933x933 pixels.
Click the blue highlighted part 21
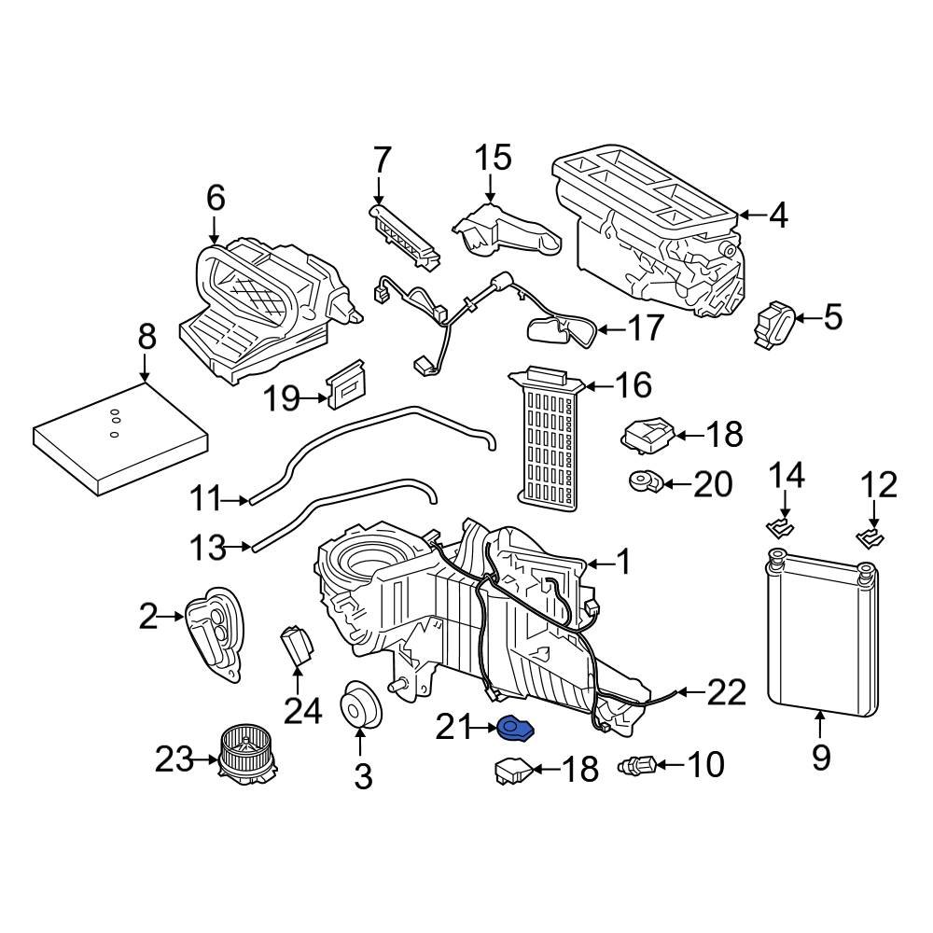point(514,727)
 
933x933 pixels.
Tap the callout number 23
point(174,759)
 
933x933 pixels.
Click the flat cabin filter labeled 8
point(121,443)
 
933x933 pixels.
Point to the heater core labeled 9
point(821,634)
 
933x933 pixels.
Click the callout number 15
point(494,158)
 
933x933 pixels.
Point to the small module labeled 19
point(346,384)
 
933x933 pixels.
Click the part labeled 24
point(297,645)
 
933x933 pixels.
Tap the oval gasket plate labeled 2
point(216,632)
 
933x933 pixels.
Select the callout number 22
point(726,692)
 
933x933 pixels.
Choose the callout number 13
point(209,548)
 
